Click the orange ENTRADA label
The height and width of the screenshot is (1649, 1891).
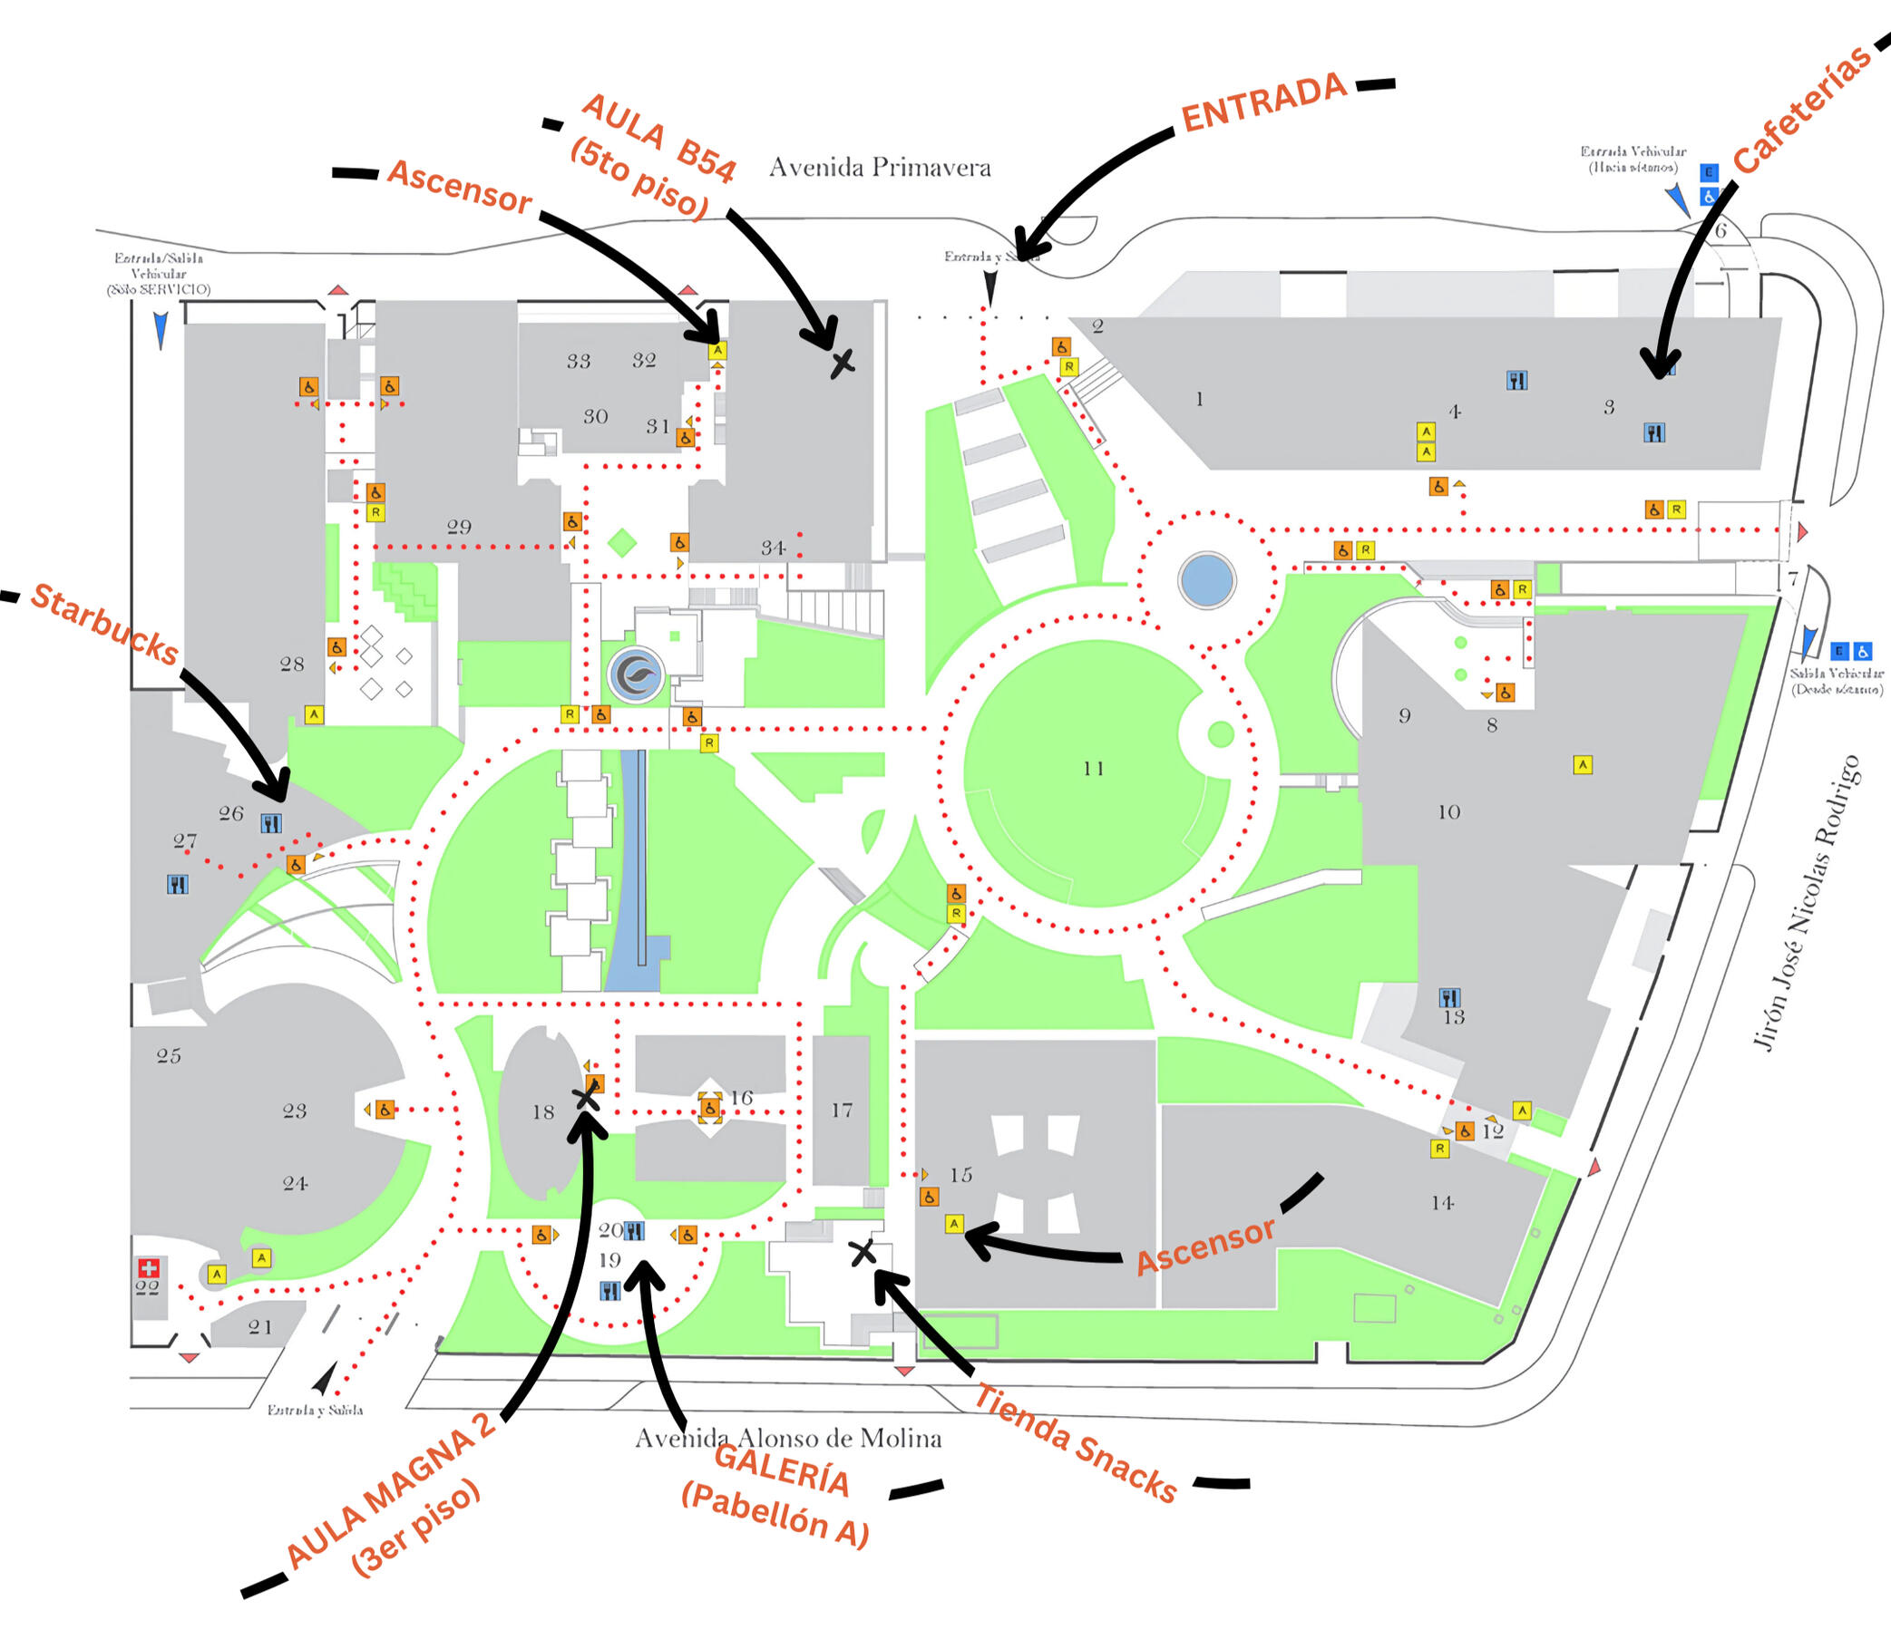point(1263,102)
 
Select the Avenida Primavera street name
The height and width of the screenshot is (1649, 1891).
point(879,168)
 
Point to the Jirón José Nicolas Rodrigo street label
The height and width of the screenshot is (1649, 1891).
point(1807,902)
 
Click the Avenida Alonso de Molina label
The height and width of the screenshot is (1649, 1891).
point(788,1439)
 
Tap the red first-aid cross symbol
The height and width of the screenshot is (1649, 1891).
point(147,1268)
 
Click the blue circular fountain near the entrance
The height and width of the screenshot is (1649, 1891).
point(1206,579)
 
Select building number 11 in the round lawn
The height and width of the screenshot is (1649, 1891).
point(1093,769)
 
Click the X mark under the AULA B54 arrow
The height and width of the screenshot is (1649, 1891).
point(842,363)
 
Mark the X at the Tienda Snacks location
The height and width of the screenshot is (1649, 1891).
point(862,1251)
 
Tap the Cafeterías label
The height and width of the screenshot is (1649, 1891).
point(1803,109)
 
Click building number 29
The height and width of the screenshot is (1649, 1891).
point(459,528)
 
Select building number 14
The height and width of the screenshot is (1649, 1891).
point(1442,1203)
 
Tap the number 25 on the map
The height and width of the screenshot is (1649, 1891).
point(169,1055)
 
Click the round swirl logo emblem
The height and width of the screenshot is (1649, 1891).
point(635,675)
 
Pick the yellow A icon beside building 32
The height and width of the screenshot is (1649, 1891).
point(717,350)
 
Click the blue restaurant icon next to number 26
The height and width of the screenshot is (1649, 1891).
point(270,823)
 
